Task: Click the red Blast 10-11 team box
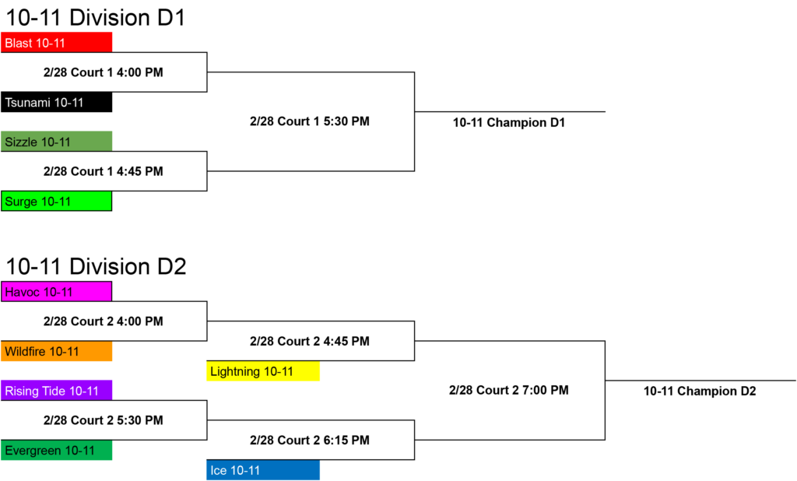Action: pos(56,42)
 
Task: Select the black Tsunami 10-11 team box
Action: pos(56,102)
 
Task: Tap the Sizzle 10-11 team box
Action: pos(56,142)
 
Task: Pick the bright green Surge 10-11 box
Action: pos(56,201)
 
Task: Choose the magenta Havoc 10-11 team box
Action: pos(56,291)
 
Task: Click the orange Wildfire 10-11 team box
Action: pos(56,351)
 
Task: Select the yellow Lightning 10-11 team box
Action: pos(263,370)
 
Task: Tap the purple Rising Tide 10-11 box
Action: pos(56,391)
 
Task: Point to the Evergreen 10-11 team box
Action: pos(56,450)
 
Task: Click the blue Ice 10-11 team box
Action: pos(263,470)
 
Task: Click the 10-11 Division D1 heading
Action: pos(96,17)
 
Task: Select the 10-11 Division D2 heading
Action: pos(96,266)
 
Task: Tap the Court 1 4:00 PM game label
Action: pos(104,72)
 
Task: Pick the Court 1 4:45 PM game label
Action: pos(104,171)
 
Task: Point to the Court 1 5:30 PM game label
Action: pos(310,121)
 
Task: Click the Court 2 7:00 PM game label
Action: pos(509,390)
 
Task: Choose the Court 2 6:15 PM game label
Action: pos(310,440)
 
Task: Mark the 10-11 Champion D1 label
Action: pos(509,122)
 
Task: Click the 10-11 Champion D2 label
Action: pos(700,391)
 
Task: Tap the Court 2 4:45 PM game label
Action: pos(310,341)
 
